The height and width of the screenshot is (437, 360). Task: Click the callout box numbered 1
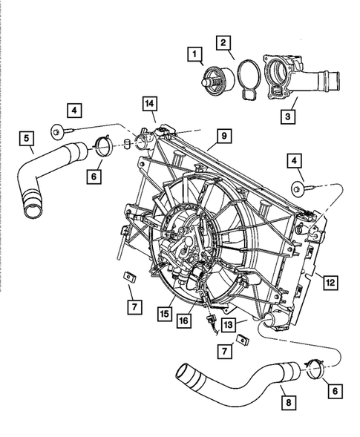coord(194,53)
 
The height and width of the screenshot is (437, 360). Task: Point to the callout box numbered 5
coord(27,137)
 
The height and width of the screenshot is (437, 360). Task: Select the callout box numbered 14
coord(151,105)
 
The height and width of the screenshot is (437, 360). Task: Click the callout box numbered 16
coord(183,320)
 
